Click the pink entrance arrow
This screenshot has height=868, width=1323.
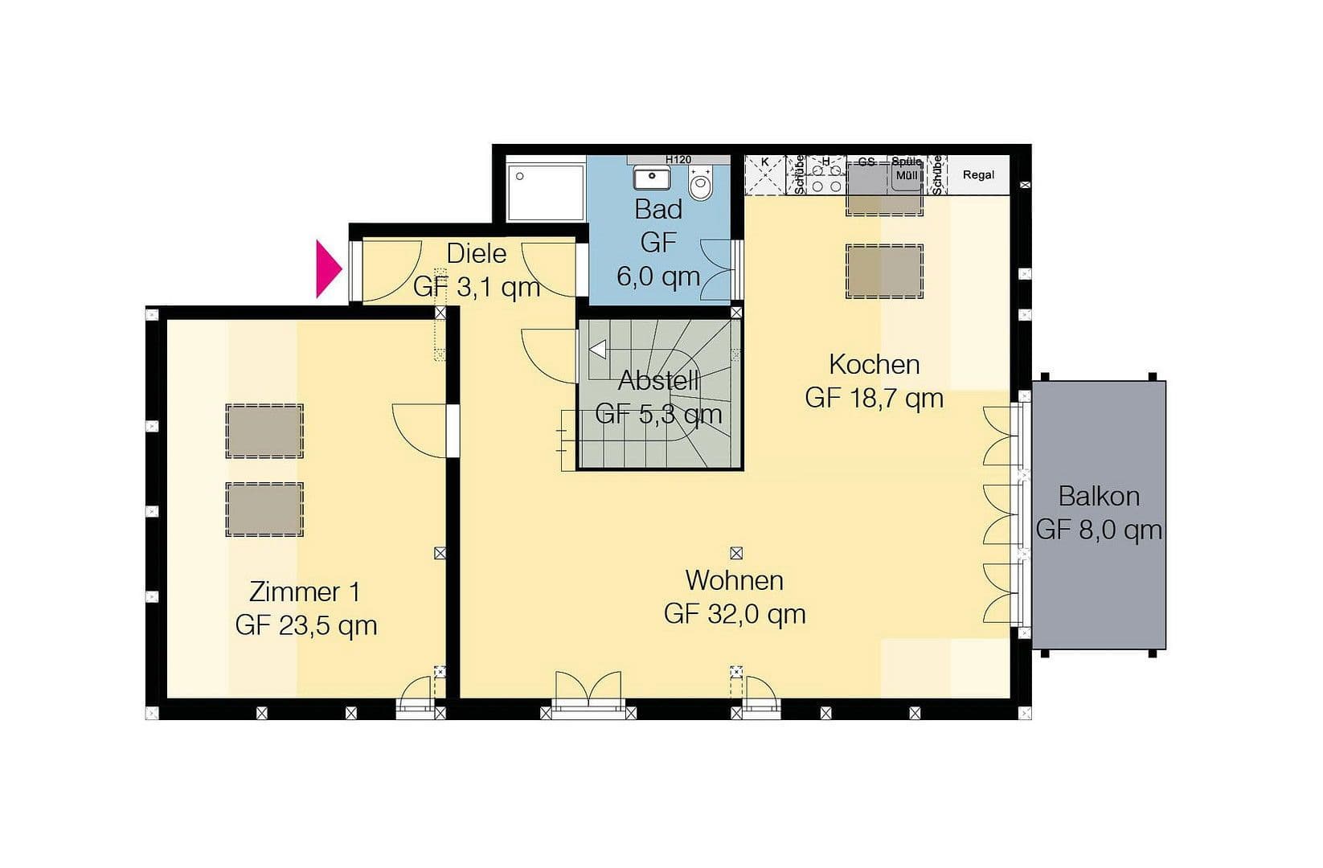(x=327, y=269)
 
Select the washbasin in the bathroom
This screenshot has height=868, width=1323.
(x=651, y=178)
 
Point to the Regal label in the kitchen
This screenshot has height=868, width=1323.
(x=978, y=174)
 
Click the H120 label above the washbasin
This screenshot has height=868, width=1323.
(x=678, y=159)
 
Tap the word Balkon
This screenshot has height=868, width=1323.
(x=1098, y=496)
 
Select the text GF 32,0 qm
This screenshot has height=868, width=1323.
(x=734, y=614)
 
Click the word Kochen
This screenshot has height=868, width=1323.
(x=874, y=364)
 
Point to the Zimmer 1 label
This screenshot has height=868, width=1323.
(x=305, y=592)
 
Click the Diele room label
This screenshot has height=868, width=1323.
(x=476, y=253)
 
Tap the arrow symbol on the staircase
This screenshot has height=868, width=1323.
(x=598, y=350)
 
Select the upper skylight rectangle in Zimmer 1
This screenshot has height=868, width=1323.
(x=264, y=431)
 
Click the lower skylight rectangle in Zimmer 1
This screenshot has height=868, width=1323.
(x=264, y=509)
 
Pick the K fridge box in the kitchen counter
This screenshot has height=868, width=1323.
(x=764, y=174)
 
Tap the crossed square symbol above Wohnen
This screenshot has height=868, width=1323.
(x=735, y=553)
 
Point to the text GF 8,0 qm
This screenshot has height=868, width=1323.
(x=1098, y=530)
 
